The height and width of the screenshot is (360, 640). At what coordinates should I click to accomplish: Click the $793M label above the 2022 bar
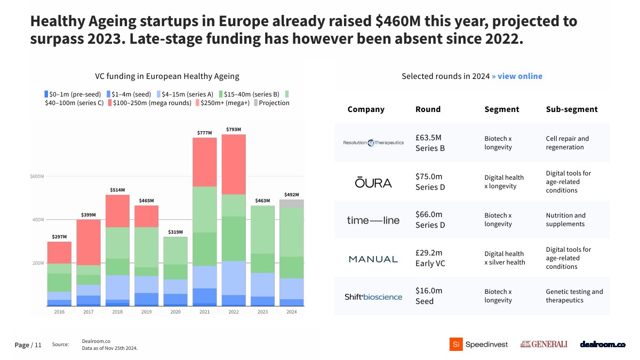234,130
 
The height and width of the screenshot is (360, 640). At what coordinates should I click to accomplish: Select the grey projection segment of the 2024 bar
292,204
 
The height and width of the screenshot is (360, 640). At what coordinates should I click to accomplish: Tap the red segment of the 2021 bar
205,162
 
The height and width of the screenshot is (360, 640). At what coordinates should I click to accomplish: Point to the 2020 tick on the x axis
175,312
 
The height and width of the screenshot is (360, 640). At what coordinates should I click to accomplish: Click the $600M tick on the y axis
36,177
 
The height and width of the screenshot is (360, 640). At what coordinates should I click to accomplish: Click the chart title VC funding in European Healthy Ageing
167,76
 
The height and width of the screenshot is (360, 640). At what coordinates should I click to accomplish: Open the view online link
517,76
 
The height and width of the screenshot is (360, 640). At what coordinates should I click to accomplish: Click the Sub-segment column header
572,109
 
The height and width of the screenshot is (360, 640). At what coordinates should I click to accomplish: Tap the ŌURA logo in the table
373,182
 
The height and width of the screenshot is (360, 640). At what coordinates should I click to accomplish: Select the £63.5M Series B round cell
430,143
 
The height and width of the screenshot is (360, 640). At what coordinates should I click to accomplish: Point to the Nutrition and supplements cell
565,220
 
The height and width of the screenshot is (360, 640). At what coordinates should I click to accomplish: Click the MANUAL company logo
373,259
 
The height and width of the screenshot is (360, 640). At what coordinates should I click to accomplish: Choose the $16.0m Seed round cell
429,296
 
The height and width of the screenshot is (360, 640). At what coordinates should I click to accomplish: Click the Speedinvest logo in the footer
478,345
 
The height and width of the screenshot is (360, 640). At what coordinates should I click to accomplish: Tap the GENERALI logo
543,345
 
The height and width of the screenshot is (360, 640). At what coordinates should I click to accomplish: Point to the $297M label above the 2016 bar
59,237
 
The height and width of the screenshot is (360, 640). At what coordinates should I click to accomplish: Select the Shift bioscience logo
373,297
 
